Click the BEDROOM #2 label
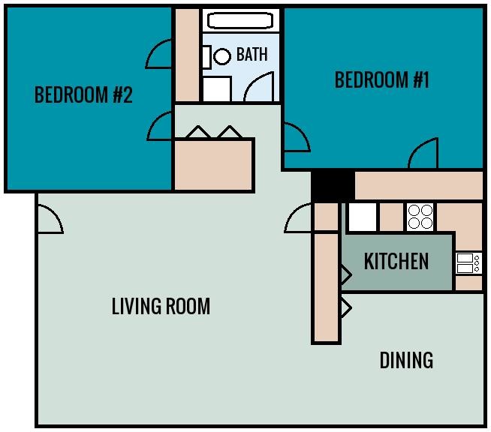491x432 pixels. pyautogui.click(x=83, y=95)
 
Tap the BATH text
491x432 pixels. pyautogui.click(x=252, y=55)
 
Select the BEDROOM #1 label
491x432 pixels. pyautogui.click(x=381, y=79)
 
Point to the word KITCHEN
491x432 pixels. pyautogui.click(x=396, y=261)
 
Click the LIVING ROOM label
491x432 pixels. pyautogui.click(x=161, y=306)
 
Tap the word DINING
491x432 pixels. pyautogui.click(x=406, y=360)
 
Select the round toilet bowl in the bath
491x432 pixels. pyautogui.click(x=222, y=55)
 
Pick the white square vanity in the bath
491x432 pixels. pyautogui.click(x=217, y=88)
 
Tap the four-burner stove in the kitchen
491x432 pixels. pyautogui.click(x=420, y=217)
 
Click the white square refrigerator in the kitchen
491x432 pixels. pyautogui.click(x=362, y=217)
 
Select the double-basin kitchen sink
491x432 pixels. pyautogui.click(x=468, y=262)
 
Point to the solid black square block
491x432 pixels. pyautogui.click(x=333, y=184)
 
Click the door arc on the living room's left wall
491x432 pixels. pyautogui.click(x=50, y=220)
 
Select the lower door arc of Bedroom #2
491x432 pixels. pyautogui.click(x=161, y=127)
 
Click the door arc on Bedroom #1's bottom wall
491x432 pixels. pyautogui.click(x=423, y=155)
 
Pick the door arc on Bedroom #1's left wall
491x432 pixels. pyautogui.click(x=295, y=137)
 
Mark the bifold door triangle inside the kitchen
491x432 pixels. pyautogui.click(x=345, y=274)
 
